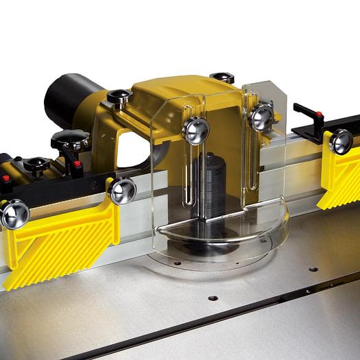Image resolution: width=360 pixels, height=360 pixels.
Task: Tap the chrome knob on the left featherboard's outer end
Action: coord(14,213)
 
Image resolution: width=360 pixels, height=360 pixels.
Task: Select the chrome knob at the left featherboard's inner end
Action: coord(122,190)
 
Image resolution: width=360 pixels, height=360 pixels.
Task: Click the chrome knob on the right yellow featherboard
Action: coord(341,141)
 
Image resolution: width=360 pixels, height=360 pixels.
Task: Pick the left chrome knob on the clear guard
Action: coord(195,130)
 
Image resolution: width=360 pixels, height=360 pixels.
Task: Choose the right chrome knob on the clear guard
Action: coord(261,117)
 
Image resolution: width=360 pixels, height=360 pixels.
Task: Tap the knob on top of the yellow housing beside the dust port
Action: coord(119,97)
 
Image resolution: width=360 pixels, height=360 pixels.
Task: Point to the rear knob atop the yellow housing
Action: coord(222,78)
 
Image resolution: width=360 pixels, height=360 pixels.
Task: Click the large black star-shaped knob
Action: coord(70,141)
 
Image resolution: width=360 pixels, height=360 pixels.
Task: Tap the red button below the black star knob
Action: coord(77,165)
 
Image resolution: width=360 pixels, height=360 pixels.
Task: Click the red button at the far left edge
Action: coord(5,179)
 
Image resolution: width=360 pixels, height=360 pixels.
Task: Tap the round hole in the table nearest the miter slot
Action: coord(213,298)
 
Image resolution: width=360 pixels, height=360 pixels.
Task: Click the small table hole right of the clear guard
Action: coord(313,269)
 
